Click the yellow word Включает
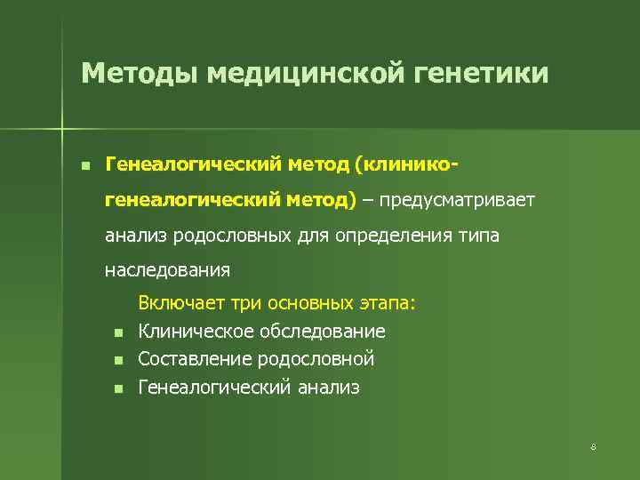(182, 303)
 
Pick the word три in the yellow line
(246, 303)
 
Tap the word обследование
(322, 332)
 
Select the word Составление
(193, 359)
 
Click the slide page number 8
(593, 447)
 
